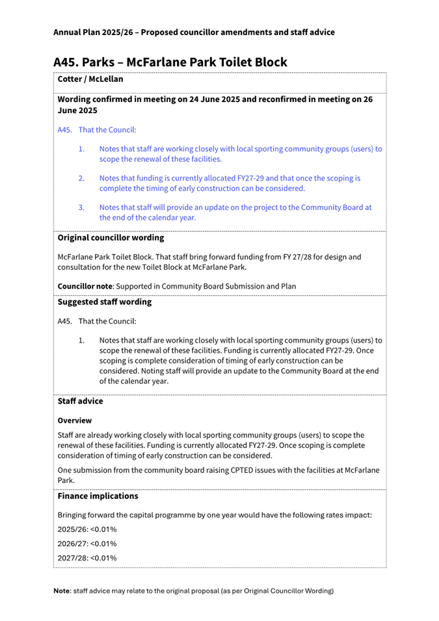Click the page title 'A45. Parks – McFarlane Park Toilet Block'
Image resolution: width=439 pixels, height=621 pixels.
(x=170, y=62)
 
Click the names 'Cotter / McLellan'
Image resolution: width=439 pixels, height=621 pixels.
(x=90, y=79)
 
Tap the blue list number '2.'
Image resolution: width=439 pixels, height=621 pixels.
(x=82, y=178)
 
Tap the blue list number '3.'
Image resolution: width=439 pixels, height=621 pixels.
(x=82, y=207)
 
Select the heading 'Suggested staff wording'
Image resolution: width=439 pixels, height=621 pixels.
(x=104, y=302)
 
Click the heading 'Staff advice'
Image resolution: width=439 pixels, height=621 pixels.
(x=80, y=401)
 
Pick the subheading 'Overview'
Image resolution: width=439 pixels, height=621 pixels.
(x=75, y=421)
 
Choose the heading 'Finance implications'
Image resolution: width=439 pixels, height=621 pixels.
(x=98, y=496)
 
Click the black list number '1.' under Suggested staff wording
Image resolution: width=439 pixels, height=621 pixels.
(x=82, y=340)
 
